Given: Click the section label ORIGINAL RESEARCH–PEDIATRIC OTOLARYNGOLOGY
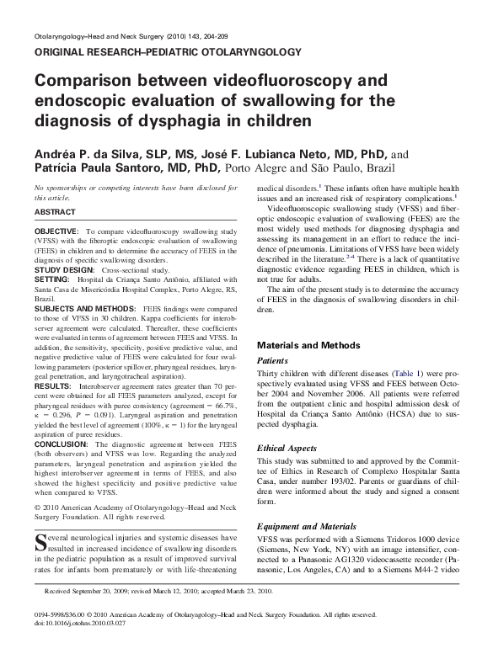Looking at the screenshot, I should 166,52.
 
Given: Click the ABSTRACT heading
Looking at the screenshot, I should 55,212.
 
